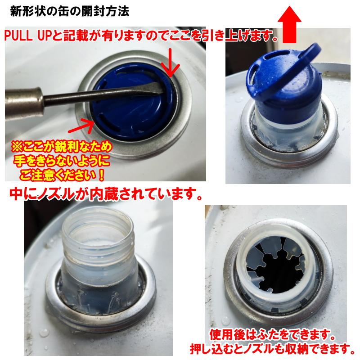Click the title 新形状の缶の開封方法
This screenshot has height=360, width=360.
point(70,11)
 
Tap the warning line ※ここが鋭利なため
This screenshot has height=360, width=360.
point(62,147)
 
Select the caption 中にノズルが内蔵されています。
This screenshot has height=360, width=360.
point(105,195)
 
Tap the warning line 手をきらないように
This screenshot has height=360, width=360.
point(62,160)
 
